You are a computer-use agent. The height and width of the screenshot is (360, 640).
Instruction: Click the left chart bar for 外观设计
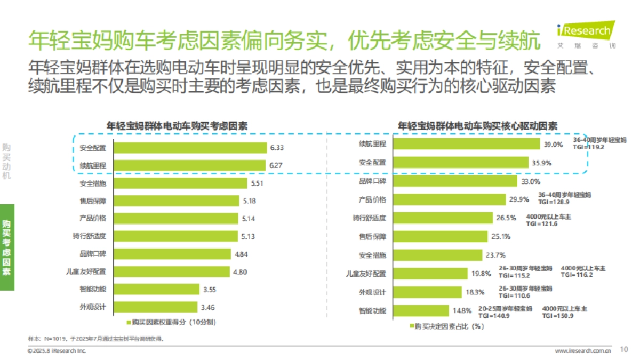tap(155, 307)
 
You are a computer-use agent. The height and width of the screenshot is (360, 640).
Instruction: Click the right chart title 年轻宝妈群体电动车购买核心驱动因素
tap(477, 126)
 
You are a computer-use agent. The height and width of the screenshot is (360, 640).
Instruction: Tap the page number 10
tap(623, 350)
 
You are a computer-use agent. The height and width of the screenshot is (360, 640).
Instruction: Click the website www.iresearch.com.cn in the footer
tap(583, 350)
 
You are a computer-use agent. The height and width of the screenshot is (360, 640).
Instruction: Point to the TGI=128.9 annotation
tap(554, 202)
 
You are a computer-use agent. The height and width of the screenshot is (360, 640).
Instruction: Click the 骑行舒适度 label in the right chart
tap(371, 218)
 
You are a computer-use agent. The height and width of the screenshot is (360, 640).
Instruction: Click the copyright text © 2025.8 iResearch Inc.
tap(57, 350)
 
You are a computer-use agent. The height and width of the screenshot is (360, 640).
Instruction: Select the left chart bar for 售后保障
tap(175, 201)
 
